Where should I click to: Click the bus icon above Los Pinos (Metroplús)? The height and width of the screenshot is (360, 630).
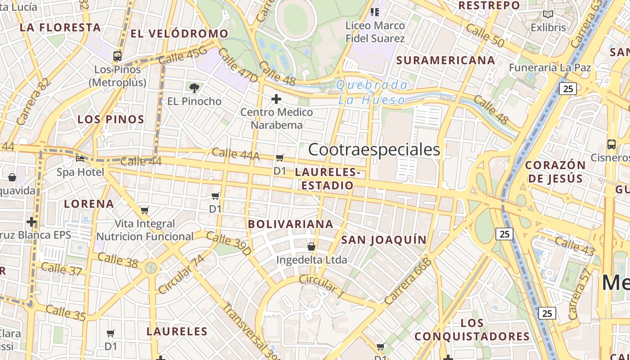(117, 56)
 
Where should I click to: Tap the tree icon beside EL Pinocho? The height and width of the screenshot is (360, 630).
(194, 88)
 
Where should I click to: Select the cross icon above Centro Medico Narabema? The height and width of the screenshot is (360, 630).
(276, 99)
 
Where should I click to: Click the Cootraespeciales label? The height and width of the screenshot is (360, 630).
(374, 149)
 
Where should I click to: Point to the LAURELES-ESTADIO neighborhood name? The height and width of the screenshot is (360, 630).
(328, 179)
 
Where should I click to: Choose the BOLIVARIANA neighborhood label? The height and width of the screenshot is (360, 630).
(291, 224)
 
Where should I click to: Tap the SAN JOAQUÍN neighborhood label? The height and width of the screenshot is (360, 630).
(384, 240)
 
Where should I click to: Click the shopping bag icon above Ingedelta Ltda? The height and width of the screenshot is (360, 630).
(311, 247)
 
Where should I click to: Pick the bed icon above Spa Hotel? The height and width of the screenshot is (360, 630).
(80, 158)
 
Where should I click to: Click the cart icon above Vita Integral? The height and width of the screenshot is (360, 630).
(145, 210)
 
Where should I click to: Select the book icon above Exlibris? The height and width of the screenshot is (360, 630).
(548, 14)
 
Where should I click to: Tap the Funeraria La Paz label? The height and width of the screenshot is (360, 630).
(550, 67)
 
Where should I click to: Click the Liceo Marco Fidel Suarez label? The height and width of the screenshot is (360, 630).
(375, 32)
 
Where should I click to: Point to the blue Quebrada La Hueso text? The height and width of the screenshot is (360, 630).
(372, 92)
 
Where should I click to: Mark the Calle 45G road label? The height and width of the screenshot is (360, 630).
(183, 56)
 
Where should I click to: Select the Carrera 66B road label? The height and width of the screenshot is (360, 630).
(408, 281)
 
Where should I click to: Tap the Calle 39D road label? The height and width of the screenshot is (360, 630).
(229, 243)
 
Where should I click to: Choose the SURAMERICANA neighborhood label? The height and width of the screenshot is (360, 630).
(445, 60)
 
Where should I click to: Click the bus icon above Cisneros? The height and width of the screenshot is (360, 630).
(611, 144)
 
